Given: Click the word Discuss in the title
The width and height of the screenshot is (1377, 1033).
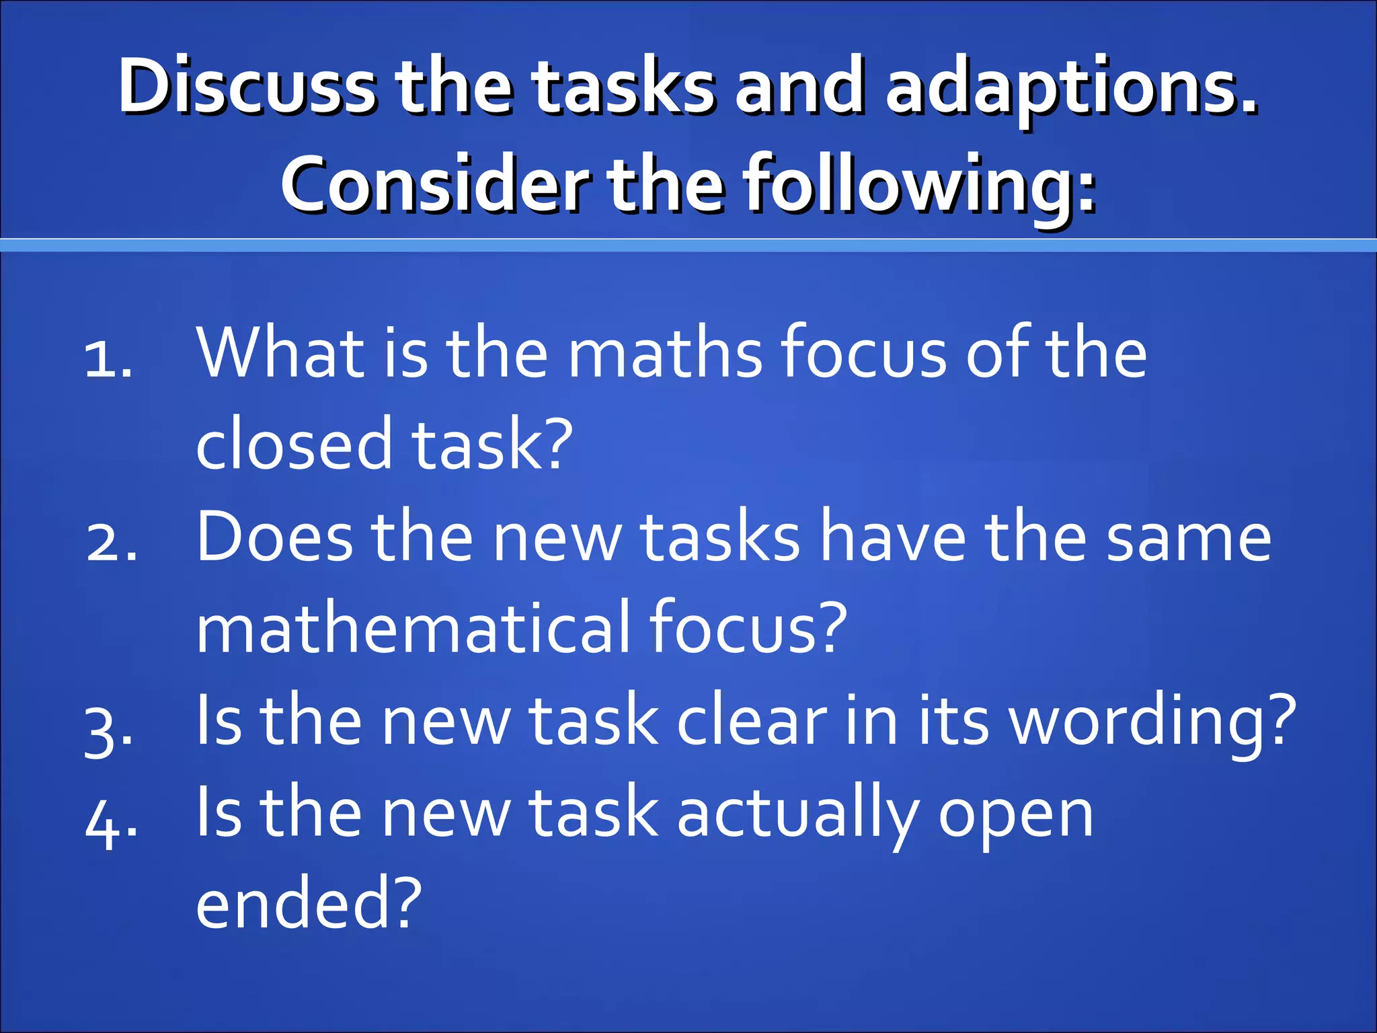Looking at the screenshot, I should [x=247, y=87].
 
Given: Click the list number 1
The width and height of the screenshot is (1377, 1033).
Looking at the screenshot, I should [x=108, y=359].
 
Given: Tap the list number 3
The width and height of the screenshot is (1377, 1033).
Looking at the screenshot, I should [x=108, y=729].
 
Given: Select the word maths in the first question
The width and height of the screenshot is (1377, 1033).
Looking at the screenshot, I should [x=665, y=352].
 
